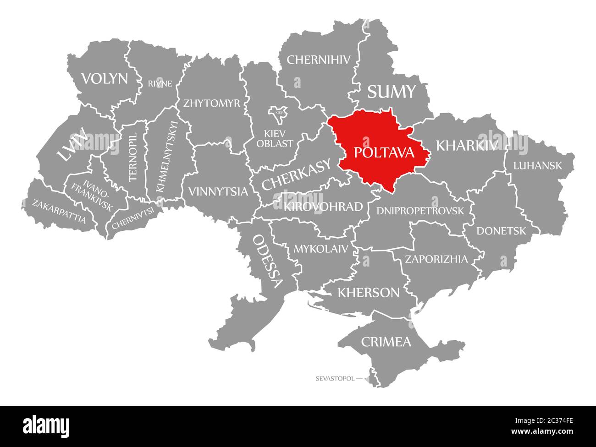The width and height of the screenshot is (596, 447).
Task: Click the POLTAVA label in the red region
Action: coord(384,153)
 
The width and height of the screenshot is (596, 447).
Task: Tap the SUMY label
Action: coord(391,92)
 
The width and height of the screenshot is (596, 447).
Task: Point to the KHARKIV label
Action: coord(467,145)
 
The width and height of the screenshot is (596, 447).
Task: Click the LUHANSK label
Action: coord(537,165)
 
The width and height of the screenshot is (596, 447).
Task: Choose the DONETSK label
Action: coord(501,231)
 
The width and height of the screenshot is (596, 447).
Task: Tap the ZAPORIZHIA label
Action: coord(436,259)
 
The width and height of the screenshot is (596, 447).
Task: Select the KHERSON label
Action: coord(368,292)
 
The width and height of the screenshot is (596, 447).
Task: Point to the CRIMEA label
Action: coord(386,342)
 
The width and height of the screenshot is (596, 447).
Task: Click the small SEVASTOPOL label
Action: coord(335,379)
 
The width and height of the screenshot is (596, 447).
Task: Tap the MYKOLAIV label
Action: coord(320,249)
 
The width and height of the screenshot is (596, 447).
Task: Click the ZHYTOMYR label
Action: coord(211,103)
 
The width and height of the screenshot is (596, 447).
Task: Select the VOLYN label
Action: coord(105,79)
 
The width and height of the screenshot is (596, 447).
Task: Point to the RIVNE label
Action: coord(160,83)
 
